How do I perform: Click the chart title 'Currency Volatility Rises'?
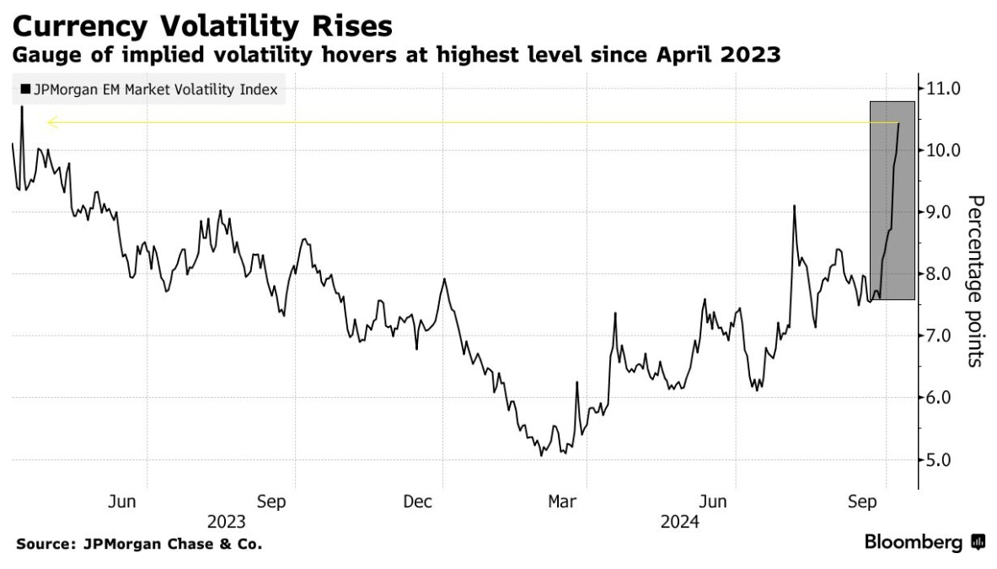202,25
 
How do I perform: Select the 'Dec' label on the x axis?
418,502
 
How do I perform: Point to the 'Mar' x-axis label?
562,502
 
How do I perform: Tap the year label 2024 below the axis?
679,523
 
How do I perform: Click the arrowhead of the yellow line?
51,123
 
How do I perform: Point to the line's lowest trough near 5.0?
540,455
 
